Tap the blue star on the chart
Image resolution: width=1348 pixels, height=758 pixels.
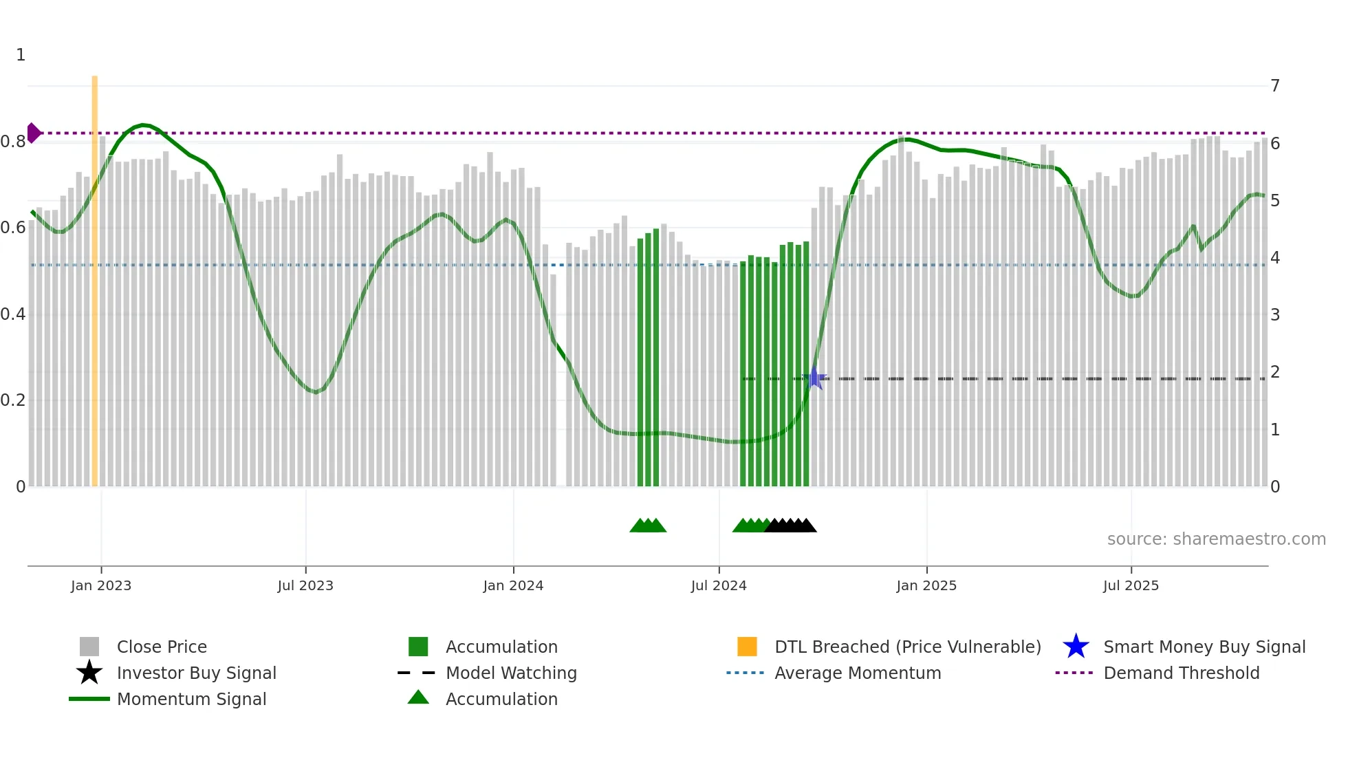(815, 378)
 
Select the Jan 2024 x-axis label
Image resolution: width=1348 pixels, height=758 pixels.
(513, 585)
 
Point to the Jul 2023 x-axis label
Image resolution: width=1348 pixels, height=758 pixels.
(305, 585)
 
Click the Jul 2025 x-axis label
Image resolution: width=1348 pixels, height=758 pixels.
(1131, 585)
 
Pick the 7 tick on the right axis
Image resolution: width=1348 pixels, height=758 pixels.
(1275, 86)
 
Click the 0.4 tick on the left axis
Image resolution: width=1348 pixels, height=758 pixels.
(13, 314)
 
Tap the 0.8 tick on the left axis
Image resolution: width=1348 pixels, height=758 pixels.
(13, 142)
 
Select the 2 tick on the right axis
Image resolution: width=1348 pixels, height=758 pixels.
(1275, 372)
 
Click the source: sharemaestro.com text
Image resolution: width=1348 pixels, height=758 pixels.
(1216, 539)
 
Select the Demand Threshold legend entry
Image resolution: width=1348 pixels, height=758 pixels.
(1181, 673)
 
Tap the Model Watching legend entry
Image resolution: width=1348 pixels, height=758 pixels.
(510, 673)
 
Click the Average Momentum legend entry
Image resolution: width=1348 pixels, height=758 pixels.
(857, 673)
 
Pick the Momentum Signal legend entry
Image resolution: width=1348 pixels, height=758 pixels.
(191, 699)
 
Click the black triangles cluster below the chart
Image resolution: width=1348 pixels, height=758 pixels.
(791, 526)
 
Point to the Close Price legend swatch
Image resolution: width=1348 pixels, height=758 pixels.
(89, 647)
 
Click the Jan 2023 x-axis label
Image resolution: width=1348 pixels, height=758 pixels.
(101, 585)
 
